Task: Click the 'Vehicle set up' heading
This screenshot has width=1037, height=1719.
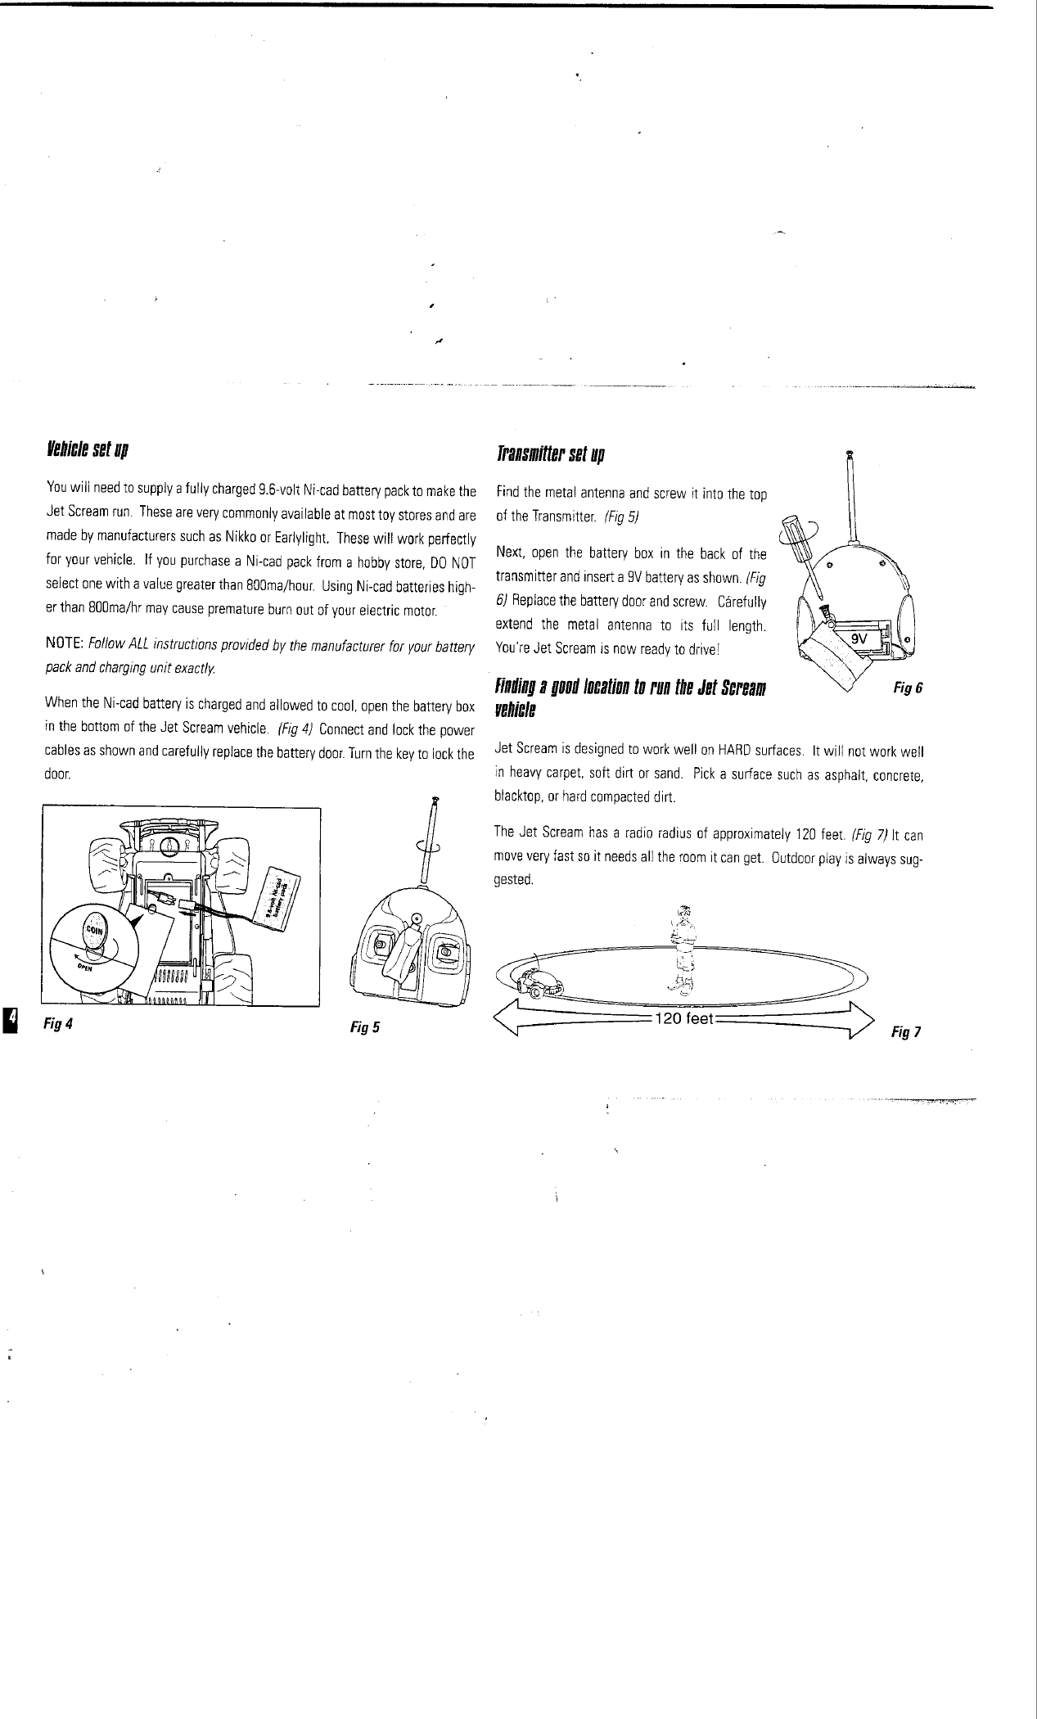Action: pos(88,450)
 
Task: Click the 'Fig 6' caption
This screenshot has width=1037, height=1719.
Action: pos(909,688)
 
